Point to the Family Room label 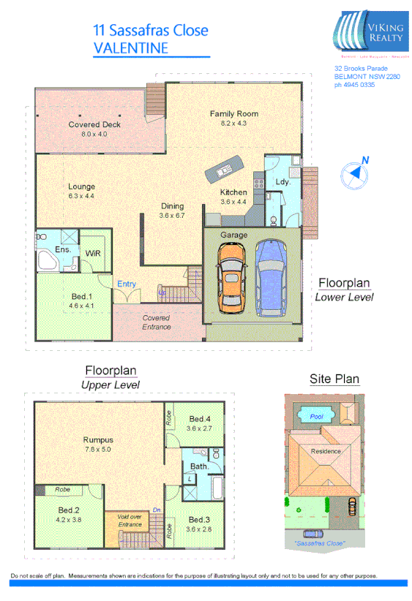pos(234,114)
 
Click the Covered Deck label pos(94,125)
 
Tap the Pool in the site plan pos(316,417)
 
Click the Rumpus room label pos(97,439)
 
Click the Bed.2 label pos(69,510)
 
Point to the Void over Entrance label pos(130,521)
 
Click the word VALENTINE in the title pos(131,48)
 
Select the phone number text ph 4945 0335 pos(355,85)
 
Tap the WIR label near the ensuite pos(93,252)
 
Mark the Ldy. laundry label pos(282,181)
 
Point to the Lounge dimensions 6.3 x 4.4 pos(81,196)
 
